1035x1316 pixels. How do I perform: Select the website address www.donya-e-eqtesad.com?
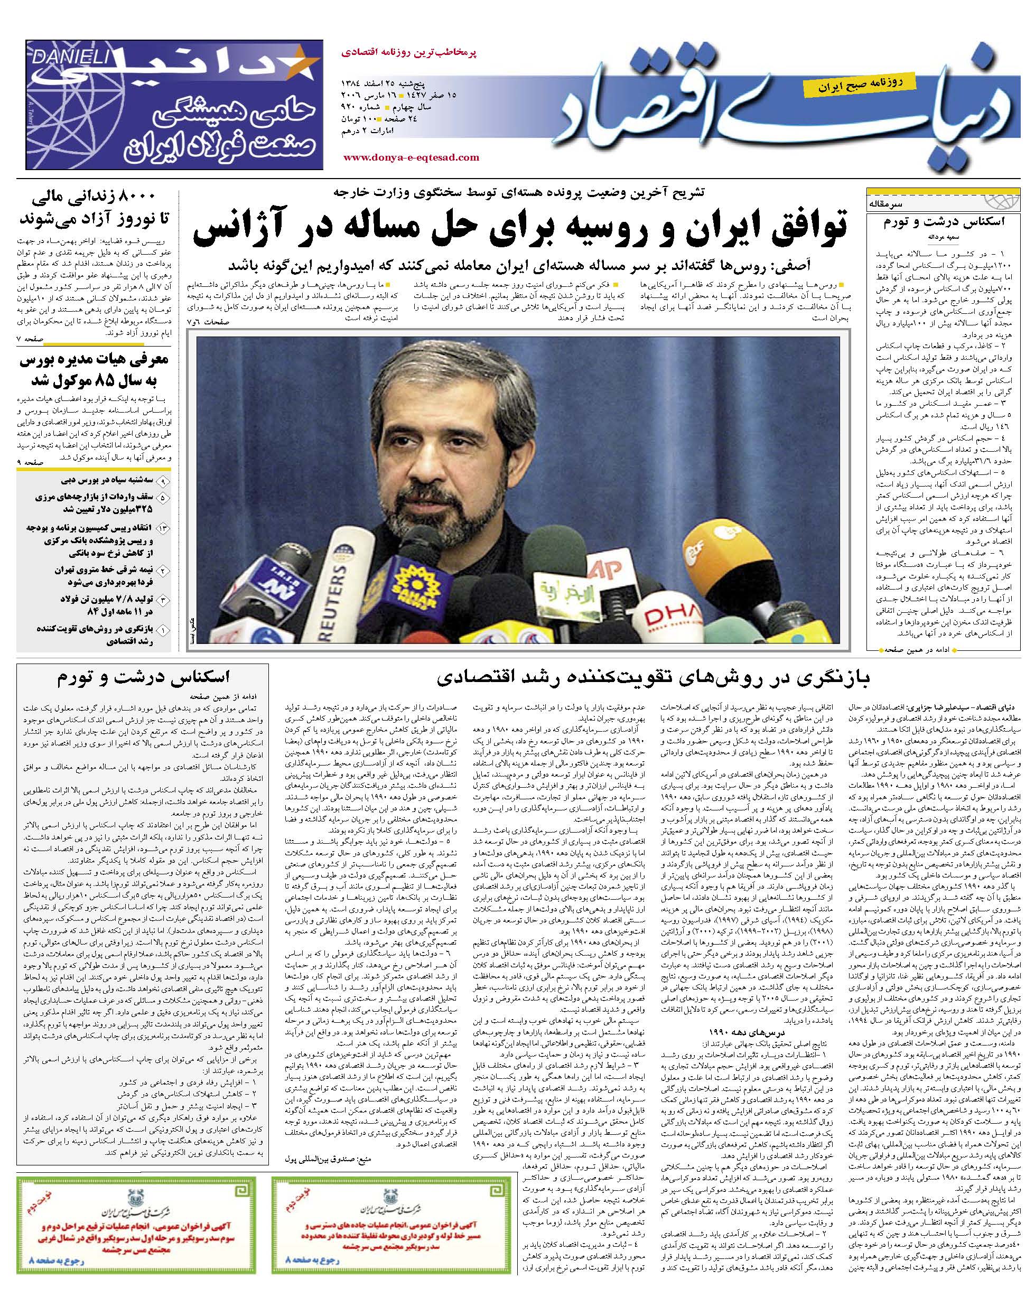tap(411, 157)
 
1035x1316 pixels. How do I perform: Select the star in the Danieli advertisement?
tap(299, 65)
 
